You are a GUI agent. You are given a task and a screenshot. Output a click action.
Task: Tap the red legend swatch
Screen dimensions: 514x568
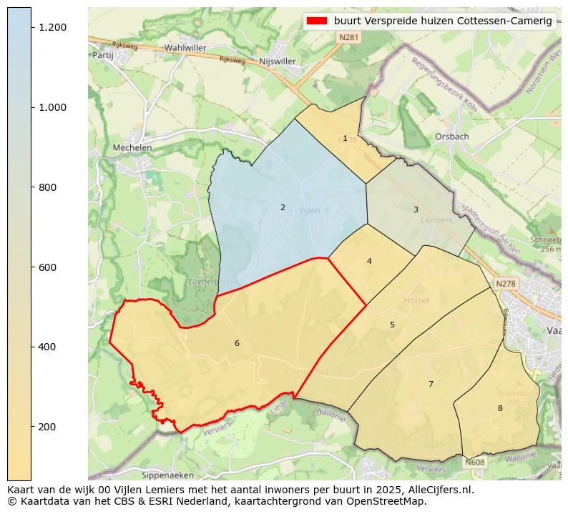point(316,21)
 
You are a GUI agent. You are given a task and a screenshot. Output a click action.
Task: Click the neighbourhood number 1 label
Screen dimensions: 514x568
point(345,139)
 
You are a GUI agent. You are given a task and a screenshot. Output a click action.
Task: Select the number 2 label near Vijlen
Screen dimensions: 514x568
point(283,208)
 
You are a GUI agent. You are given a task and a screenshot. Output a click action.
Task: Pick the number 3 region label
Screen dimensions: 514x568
point(416,210)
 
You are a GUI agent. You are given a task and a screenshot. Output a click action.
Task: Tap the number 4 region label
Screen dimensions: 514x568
point(369,262)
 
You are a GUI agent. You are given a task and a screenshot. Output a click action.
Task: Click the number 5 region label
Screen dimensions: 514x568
point(392,325)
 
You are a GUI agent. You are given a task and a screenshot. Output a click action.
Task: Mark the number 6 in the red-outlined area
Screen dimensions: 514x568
point(237,344)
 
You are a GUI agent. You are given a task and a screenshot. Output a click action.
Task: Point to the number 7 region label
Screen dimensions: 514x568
point(431,385)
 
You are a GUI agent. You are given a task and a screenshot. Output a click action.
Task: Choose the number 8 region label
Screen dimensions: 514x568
point(500,409)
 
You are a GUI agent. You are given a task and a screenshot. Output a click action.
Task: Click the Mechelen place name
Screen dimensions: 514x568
point(132,148)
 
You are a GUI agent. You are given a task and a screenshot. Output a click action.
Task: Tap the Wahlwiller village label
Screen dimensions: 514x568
point(185,48)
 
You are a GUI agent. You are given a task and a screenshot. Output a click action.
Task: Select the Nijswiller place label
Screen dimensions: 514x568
point(278,61)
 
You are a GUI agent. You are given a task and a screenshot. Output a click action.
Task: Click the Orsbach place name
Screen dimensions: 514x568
point(452,137)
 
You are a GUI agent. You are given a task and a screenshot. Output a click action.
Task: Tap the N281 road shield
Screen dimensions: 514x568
point(349,36)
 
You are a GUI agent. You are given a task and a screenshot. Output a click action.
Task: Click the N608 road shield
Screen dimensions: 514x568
point(474,463)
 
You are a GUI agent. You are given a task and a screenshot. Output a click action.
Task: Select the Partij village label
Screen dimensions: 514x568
point(104,54)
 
